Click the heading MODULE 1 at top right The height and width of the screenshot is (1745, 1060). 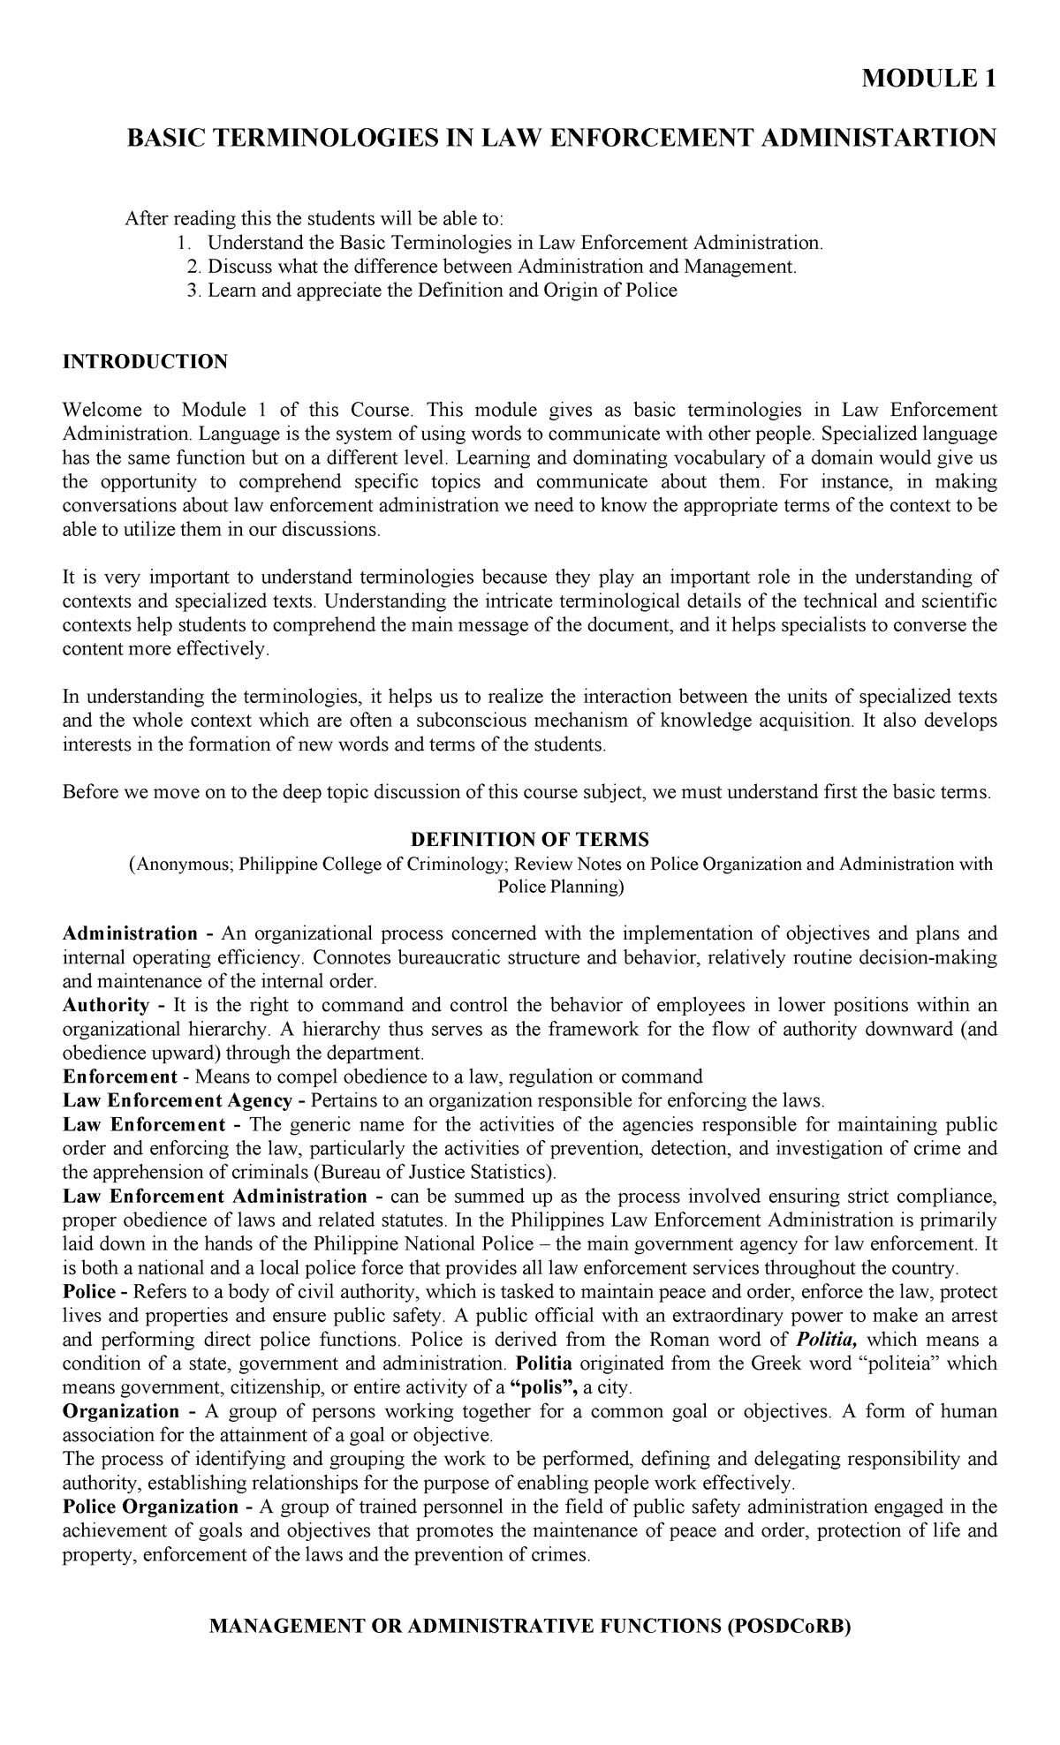[x=929, y=79]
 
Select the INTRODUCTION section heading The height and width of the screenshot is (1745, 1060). [x=145, y=362]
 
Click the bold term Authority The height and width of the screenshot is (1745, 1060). [x=106, y=1005]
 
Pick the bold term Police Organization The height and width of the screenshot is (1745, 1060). [x=150, y=1507]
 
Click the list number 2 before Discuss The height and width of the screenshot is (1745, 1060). [x=195, y=267]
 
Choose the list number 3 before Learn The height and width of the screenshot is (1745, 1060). [x=195, y=291]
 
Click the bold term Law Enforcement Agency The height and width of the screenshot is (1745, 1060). [x=177, y=1101]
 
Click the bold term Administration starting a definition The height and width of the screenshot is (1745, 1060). [x=131, y=933]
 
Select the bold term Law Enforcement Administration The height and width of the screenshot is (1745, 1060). [x=215, y=1197]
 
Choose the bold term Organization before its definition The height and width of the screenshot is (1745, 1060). [x=121, y=1411]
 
